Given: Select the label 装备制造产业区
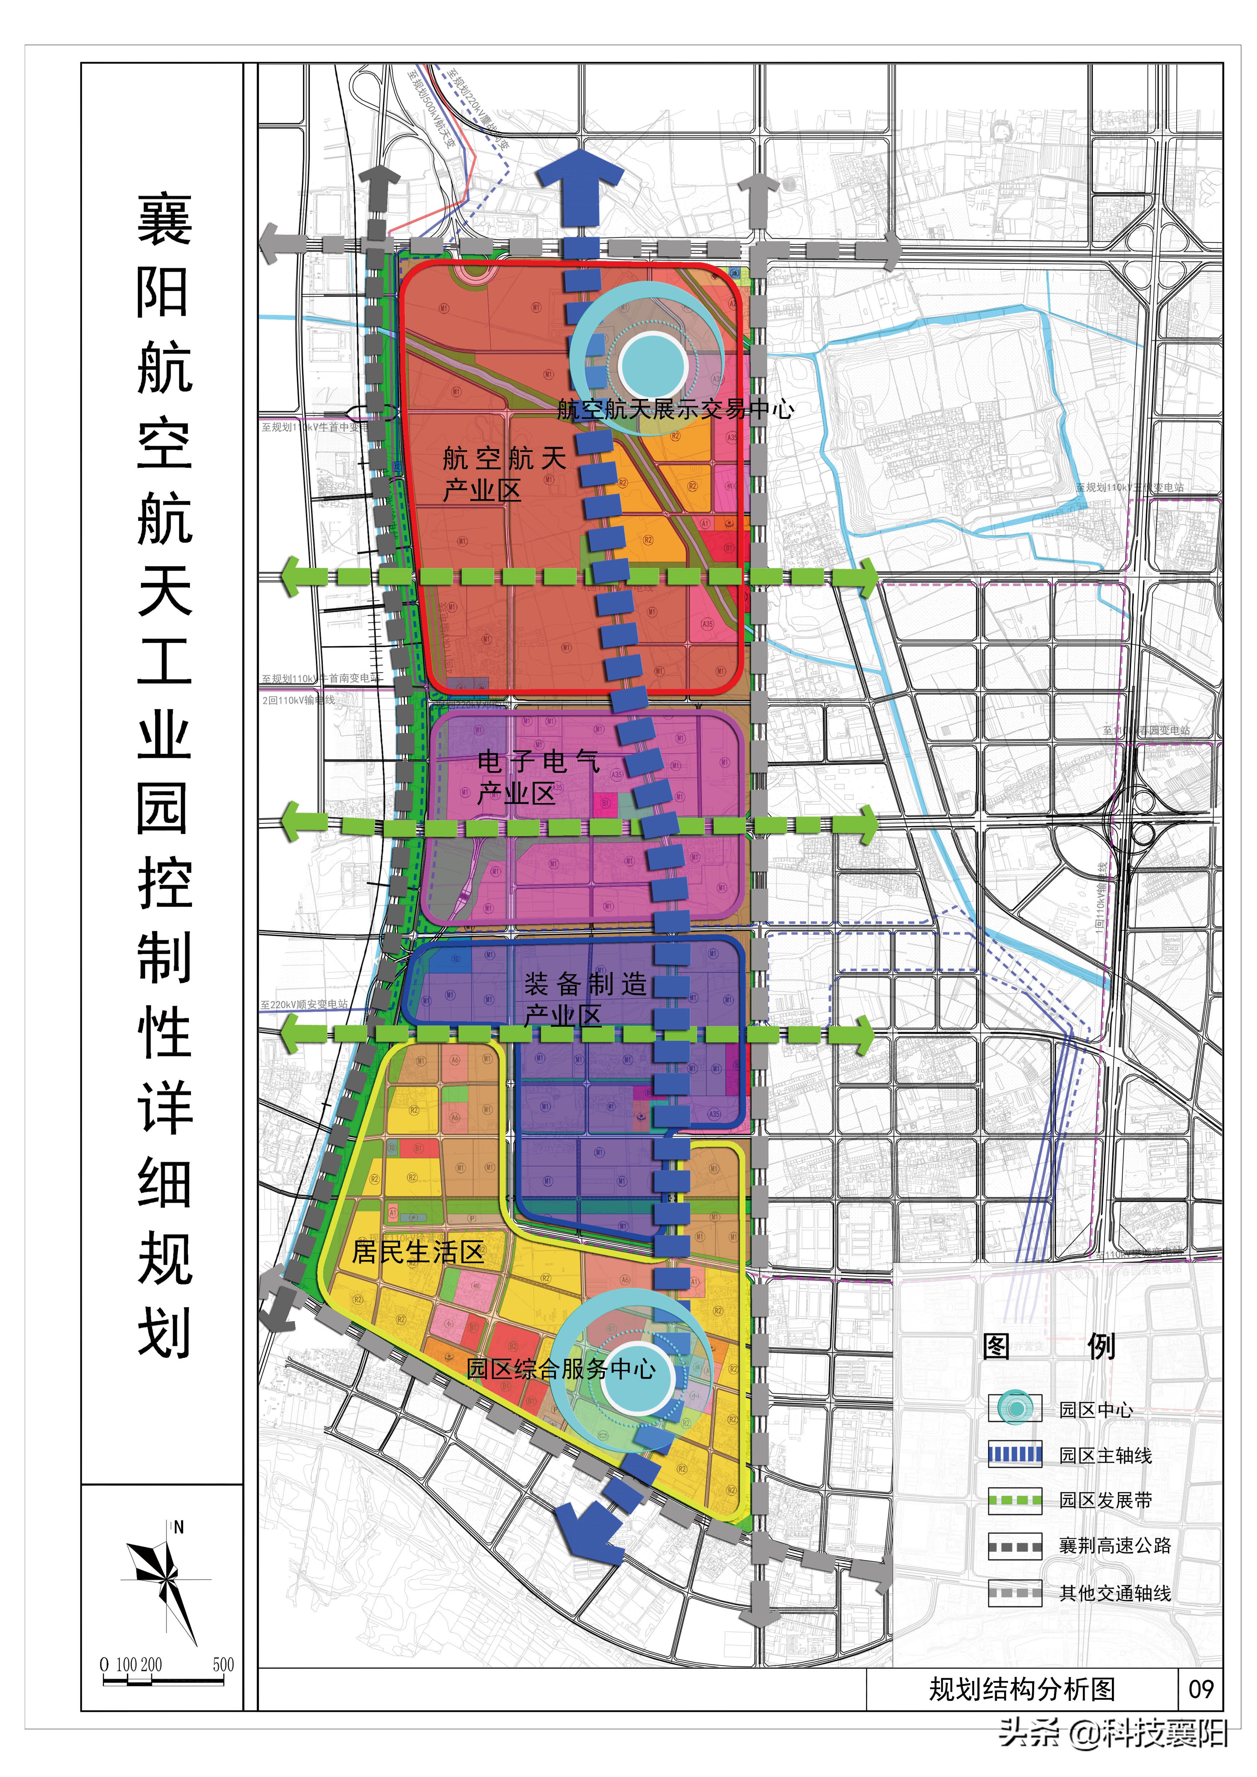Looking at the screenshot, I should click(584, 998).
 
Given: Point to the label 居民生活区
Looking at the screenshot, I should click(418, 1252).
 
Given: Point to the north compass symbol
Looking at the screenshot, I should click(165, 1579).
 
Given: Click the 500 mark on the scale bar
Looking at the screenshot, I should click(223, 1664).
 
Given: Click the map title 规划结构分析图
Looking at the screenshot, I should click(1022, 1689).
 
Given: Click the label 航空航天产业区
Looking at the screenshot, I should click(503, 474).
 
